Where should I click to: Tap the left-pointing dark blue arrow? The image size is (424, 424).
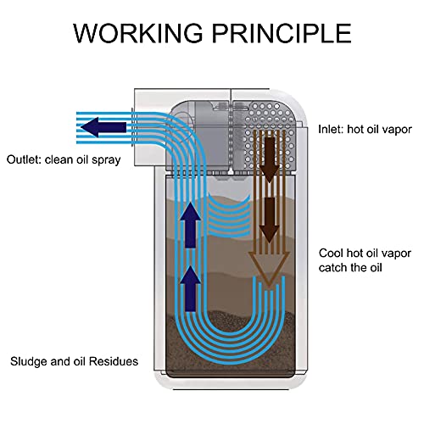tap(103, 128)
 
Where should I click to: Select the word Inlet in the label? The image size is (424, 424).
tap(332, 131)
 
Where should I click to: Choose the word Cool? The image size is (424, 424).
tap(332, 253)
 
